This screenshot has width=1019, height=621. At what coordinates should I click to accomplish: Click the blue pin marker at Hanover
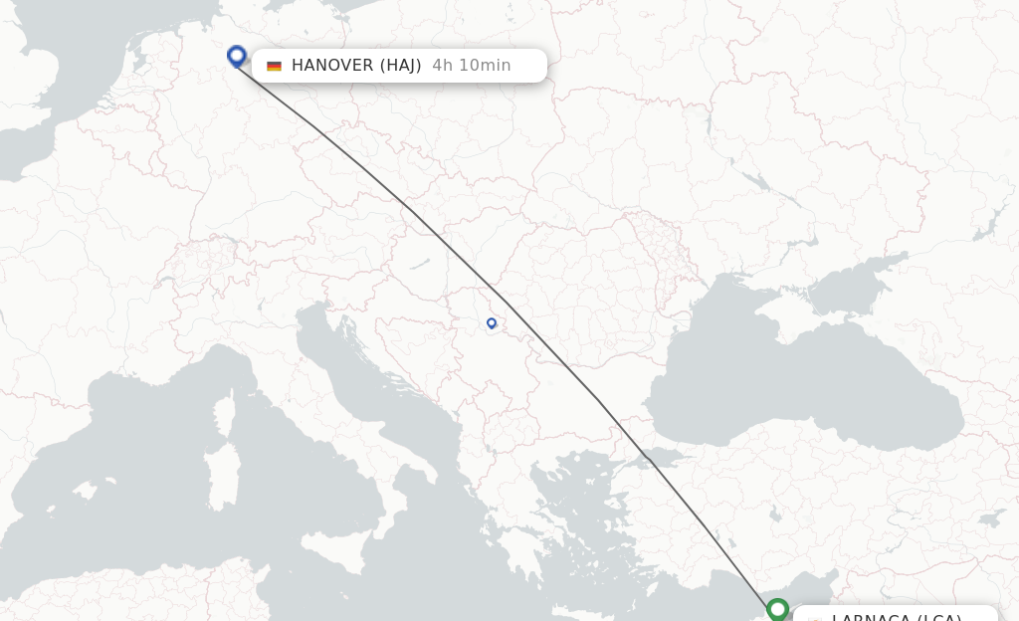(x=237, y=56)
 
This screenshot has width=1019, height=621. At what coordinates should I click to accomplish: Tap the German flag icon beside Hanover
(x=274, y=66)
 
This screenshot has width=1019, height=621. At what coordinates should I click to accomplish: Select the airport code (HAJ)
(x=401, y=66)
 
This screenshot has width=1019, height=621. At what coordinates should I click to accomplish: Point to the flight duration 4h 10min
(x=472, y=66)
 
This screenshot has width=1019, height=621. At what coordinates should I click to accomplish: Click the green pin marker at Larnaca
(x=778, y=608)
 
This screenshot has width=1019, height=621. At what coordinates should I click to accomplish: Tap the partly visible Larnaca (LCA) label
(x=896, y=615)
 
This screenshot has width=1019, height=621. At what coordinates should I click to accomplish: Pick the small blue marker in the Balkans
(x=492, y=323)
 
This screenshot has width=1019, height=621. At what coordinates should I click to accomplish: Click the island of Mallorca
(x=86, y=490)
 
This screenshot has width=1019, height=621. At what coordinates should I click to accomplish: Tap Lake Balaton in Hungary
(x=419, y=265)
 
